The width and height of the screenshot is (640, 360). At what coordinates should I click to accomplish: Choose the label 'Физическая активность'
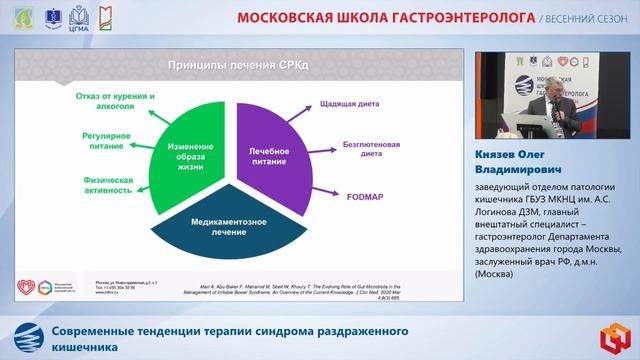[104, 186]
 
